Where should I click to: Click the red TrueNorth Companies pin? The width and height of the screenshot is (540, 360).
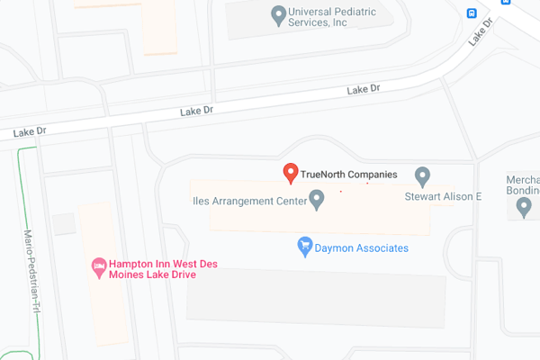pyautogui.click(x=291, y=173)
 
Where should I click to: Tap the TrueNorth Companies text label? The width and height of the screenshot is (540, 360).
pyautogui.click(x=348, y=172)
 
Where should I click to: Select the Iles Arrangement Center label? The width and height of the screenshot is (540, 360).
pyautogui.click(x=247, y=200)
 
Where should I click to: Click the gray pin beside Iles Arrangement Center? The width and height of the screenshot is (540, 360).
pyautogui.click(x=316, y=199)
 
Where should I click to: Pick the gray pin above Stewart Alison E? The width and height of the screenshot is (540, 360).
pyautogui.click(x=422, y=175)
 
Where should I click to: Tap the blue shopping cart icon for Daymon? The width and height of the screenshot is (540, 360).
pyautogui.click(x=305, y=246)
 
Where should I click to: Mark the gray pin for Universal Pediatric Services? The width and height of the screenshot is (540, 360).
pyautogui.click(x=279, y=14)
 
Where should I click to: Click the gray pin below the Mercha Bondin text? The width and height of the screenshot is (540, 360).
pyautogui.click(x=525, y=208)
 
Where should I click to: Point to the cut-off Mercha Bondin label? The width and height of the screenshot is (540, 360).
pyautogui.click(x=522, y=184)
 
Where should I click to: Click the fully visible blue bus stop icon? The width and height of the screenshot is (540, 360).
pyautogui.click(x=472, y=13)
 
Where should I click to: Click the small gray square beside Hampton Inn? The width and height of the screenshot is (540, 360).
pyautogui.click(x=64, y=224)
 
